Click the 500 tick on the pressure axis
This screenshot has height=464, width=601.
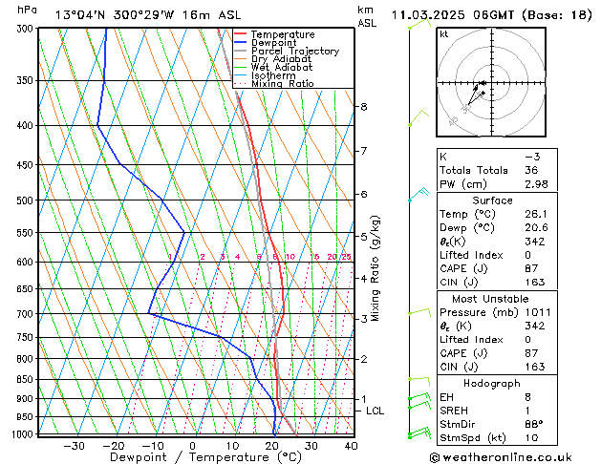point(25,200)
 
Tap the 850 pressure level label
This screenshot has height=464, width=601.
point(25,380)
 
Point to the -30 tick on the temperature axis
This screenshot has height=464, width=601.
point(74,445)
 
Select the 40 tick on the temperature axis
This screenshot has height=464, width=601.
point(351,445)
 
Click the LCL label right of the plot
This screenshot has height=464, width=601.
point(376,411)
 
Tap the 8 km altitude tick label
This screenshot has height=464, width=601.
point(364,106)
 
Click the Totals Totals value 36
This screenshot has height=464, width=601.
point(532,170)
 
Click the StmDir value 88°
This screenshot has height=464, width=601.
point(535,424)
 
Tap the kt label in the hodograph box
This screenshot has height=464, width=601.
point(444,34)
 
